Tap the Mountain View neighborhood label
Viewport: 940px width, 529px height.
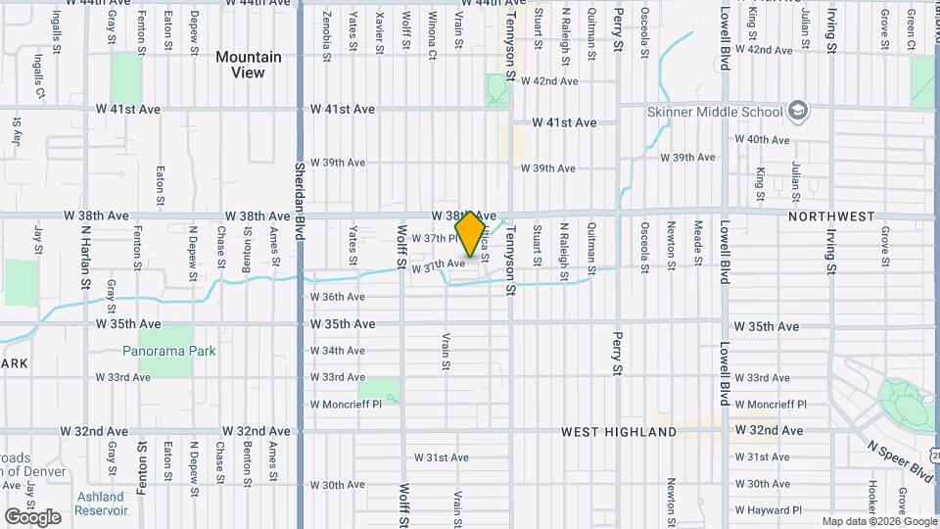click(248, 65)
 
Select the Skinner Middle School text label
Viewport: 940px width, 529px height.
click(715, 112)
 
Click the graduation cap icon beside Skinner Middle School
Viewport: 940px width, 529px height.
click(798, 110)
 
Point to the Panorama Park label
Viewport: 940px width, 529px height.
click(169, 351)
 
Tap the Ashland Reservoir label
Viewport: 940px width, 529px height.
click(102, 504)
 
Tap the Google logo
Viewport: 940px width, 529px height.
click(32, 516)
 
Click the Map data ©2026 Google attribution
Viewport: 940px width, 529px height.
click(878, 522)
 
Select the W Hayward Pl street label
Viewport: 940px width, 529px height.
click(769, 510)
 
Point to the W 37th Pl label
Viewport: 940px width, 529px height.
click(434, 238)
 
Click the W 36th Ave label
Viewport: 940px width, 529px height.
click(338, 297)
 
